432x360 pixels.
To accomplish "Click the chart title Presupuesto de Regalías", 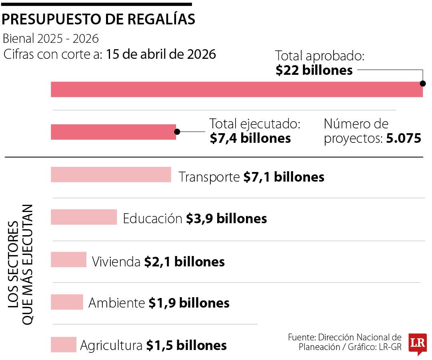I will click(99, 19).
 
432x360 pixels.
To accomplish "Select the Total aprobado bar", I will click(236, 89).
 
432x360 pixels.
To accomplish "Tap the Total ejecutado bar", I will click(113, 132).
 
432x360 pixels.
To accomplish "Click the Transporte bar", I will click(111, 174).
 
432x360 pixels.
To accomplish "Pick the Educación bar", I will click(84, 217).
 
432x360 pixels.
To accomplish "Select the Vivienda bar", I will click(68, 260).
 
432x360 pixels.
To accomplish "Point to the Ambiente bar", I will click(67, 302).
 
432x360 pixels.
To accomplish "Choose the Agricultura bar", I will click(63, 344).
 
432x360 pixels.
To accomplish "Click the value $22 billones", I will click(314, 70).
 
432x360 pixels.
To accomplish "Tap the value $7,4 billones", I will click(250, 138).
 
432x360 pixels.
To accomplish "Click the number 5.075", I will click(404, 138).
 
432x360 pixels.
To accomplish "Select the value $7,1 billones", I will click(284, 177).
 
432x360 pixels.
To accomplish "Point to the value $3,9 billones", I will click(226, 219).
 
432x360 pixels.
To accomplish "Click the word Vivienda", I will click(116, 262).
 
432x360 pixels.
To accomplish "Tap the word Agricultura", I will click(111, 345).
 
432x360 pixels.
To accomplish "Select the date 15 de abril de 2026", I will click(161, 54).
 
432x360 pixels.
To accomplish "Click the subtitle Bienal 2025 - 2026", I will click(50, 39).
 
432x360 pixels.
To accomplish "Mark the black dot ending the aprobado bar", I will click(422, 84).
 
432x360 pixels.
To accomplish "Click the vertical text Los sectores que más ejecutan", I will click(22, 264).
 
